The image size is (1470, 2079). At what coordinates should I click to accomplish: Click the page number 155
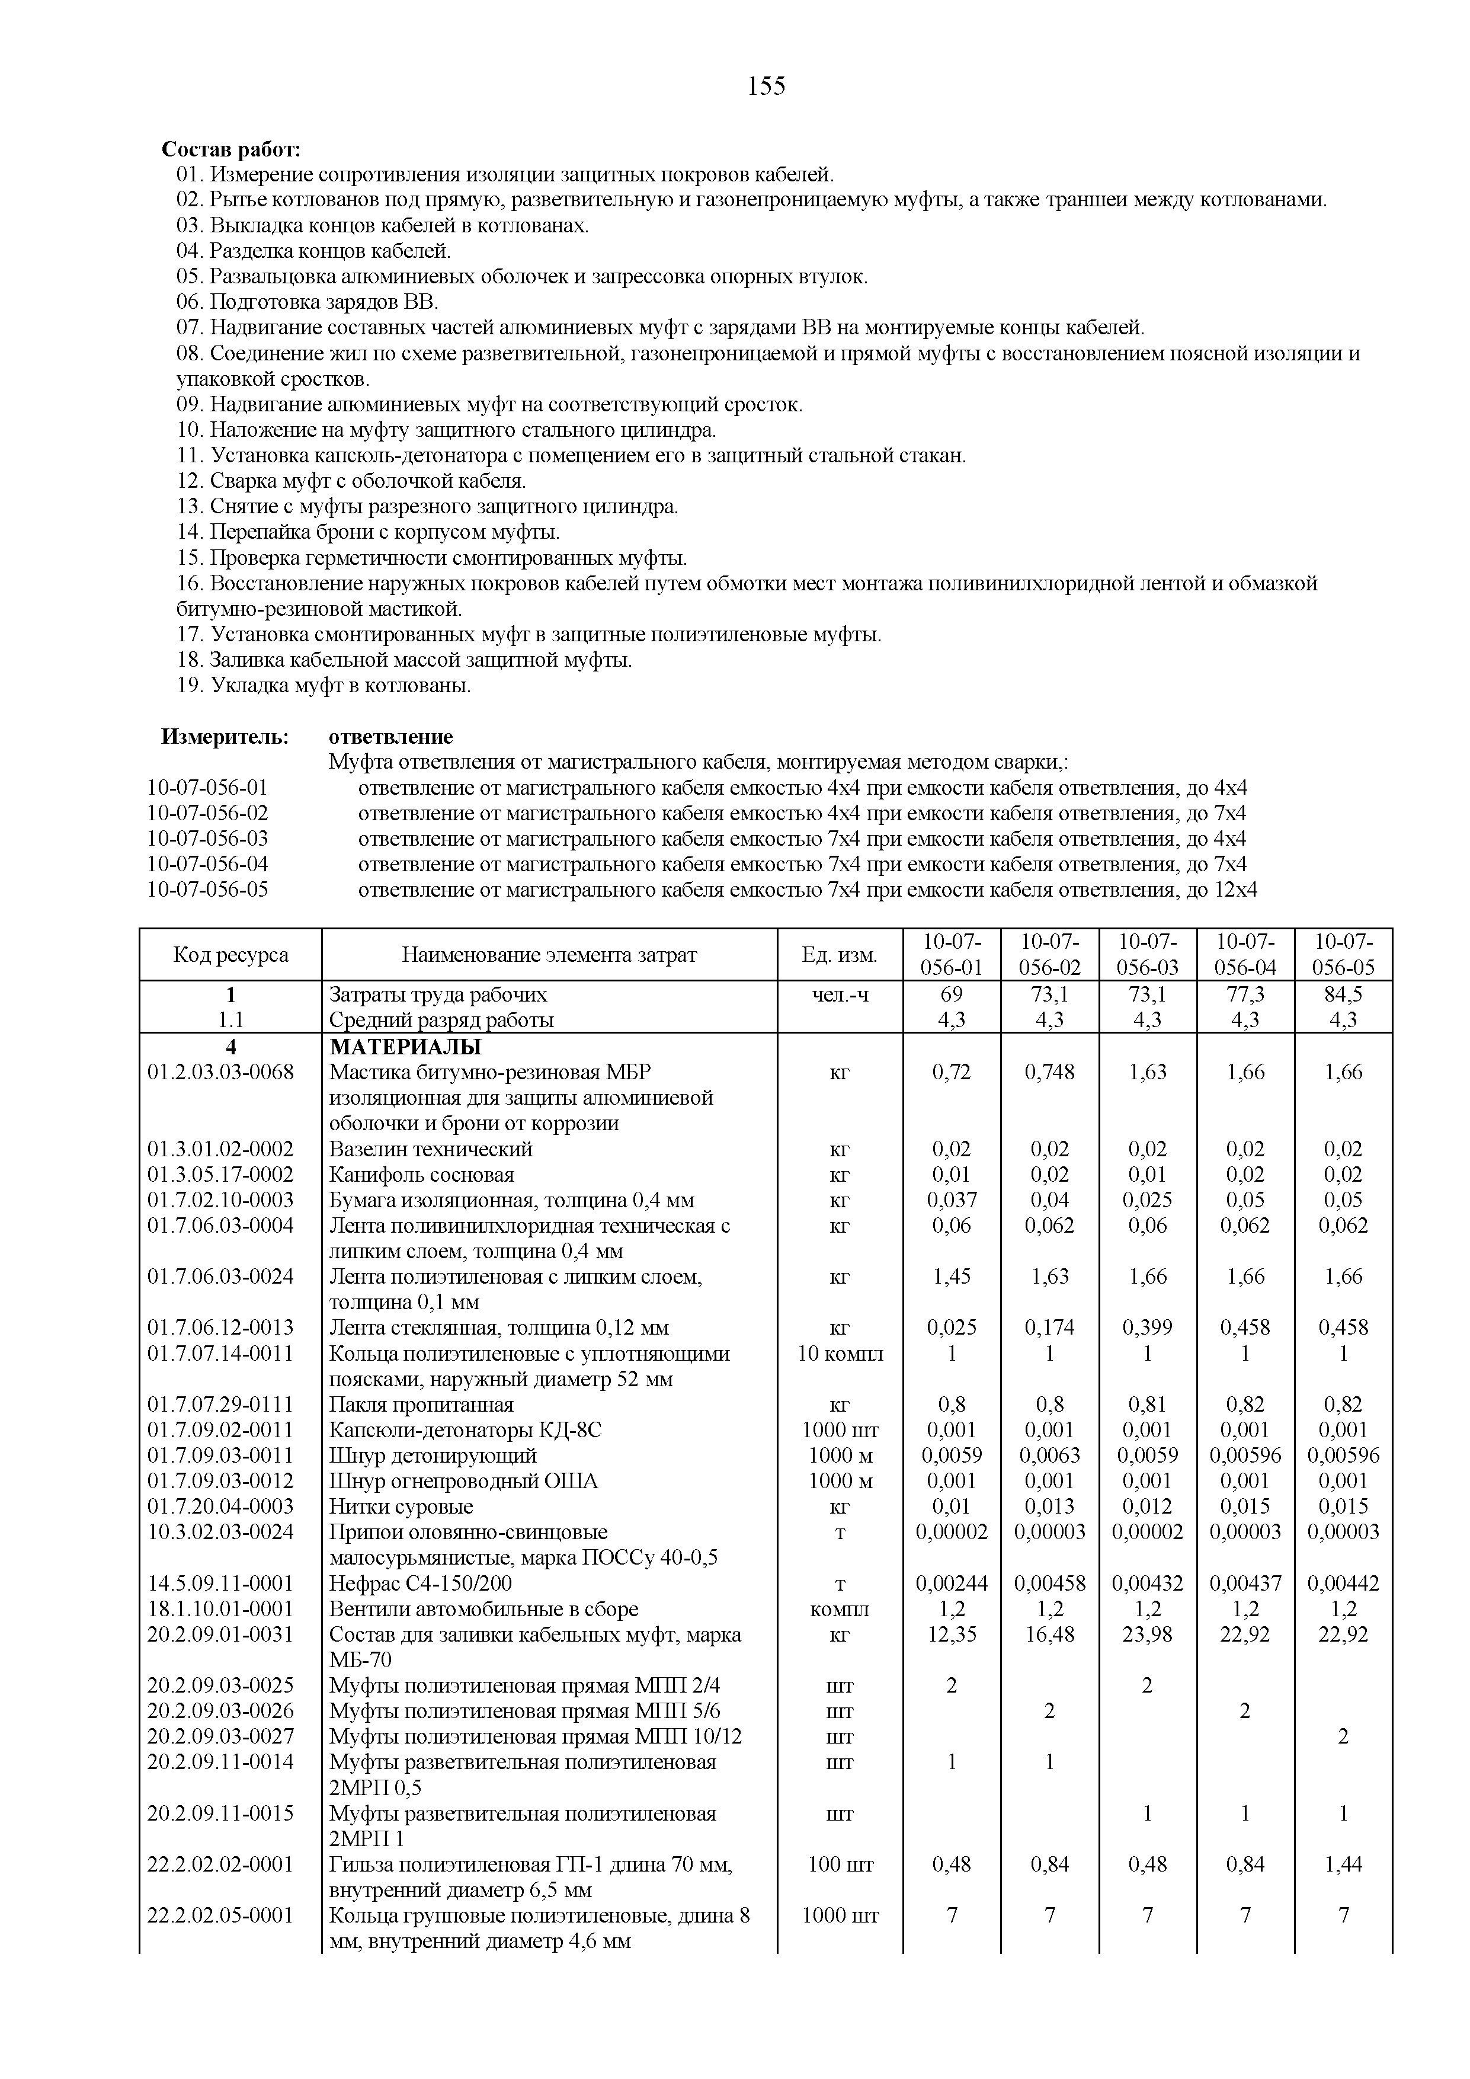click(x=767, y=86)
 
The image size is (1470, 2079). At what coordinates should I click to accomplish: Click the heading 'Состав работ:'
click(x=231, y=149)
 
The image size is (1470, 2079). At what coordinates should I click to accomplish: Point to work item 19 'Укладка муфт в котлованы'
click(x=324, y=686)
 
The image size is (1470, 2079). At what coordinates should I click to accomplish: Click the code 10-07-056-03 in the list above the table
click(x=208, y=839)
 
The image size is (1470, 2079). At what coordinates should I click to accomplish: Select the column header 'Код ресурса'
click(x=231, y=954)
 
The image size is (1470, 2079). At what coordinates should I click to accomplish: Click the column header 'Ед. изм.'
click(x=839, y=954)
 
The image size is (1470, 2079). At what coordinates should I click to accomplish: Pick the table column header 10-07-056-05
click(x=1343, y=954)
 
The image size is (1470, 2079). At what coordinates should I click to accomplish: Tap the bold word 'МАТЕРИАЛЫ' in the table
click(x=405, y=1047)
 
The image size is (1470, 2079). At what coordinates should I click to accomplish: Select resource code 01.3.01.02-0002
click(x=221, y=1149)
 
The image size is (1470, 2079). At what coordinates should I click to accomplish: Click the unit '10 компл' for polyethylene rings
click(x=839, y=1354)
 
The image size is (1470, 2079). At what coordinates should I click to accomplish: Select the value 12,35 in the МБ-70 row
click(x=952, y=1635)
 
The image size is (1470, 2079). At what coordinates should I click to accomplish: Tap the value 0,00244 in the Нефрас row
click(x=952, y=1584)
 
